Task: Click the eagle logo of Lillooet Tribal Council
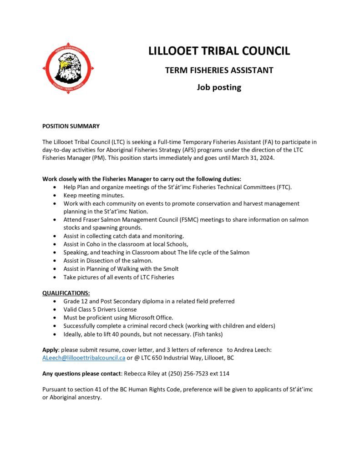[68, 68]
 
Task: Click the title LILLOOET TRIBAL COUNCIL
[219, 51]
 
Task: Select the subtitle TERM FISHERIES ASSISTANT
[219, 71]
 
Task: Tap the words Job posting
[219, 87]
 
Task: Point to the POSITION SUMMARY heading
[71, 126]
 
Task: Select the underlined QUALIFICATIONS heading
[66, 293]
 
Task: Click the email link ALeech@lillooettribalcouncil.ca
[84, 358]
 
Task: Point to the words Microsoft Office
[150, 318]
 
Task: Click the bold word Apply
[51, 349]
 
